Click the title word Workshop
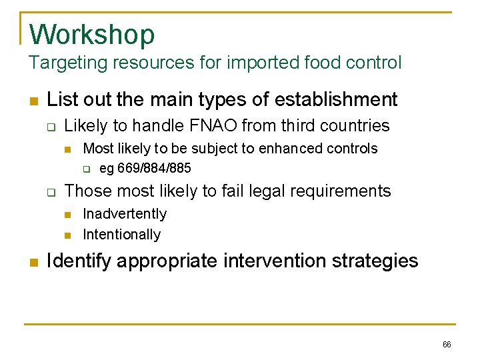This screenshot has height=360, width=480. point(92,34)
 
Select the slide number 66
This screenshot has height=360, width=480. point(447,345)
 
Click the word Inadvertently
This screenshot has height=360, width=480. point(125,214)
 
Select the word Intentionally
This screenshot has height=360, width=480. point(121,235)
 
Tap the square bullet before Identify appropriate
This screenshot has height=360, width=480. point(33,261)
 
